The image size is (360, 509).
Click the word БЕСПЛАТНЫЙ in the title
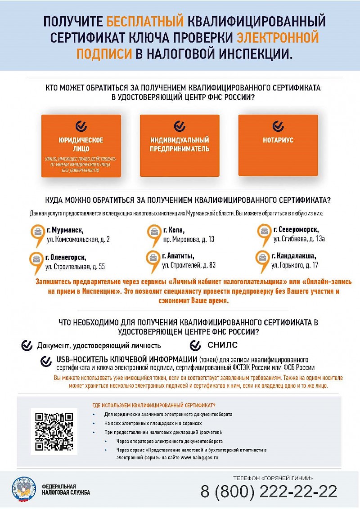(145, 21)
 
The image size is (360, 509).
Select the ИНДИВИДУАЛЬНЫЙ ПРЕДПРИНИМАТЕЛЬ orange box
(180, 145)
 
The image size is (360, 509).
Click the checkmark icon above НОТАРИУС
(278, 125)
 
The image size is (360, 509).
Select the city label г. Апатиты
(178, 256)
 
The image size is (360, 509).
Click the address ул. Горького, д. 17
(295, 265)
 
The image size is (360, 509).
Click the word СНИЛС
(222, 345)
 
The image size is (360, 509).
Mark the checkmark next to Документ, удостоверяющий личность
(27, 345)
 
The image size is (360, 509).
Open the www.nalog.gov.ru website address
(199, 457)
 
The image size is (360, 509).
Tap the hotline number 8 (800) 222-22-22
(269, 491)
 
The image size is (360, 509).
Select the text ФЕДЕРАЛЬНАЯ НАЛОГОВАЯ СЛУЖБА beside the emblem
(66, 489)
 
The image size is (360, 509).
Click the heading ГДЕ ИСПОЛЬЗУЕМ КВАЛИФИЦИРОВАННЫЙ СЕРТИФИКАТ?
(153, 405)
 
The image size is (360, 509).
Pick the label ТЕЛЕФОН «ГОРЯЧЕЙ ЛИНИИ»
(273, 478)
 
